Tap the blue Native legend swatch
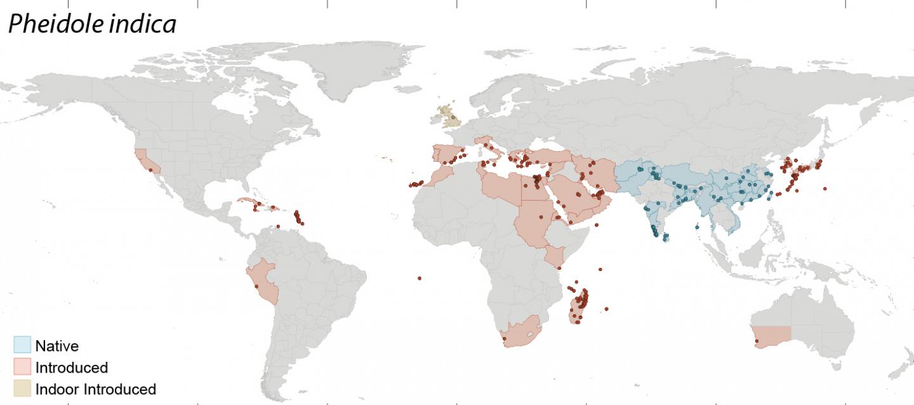pyautogui.click(x=22, y=345)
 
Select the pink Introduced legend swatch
pyautogui.click(x=22, y=367)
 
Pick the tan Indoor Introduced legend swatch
pyautogui.click(x=22, y=388)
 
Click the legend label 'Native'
pyautogui.click(x=57, y=346)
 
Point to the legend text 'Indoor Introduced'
pyautogui.click(x=95, y=389)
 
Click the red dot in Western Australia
pyautogui.click(x=757, y=343)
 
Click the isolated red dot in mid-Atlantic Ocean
pyautogui.click(x=420, y=278)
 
